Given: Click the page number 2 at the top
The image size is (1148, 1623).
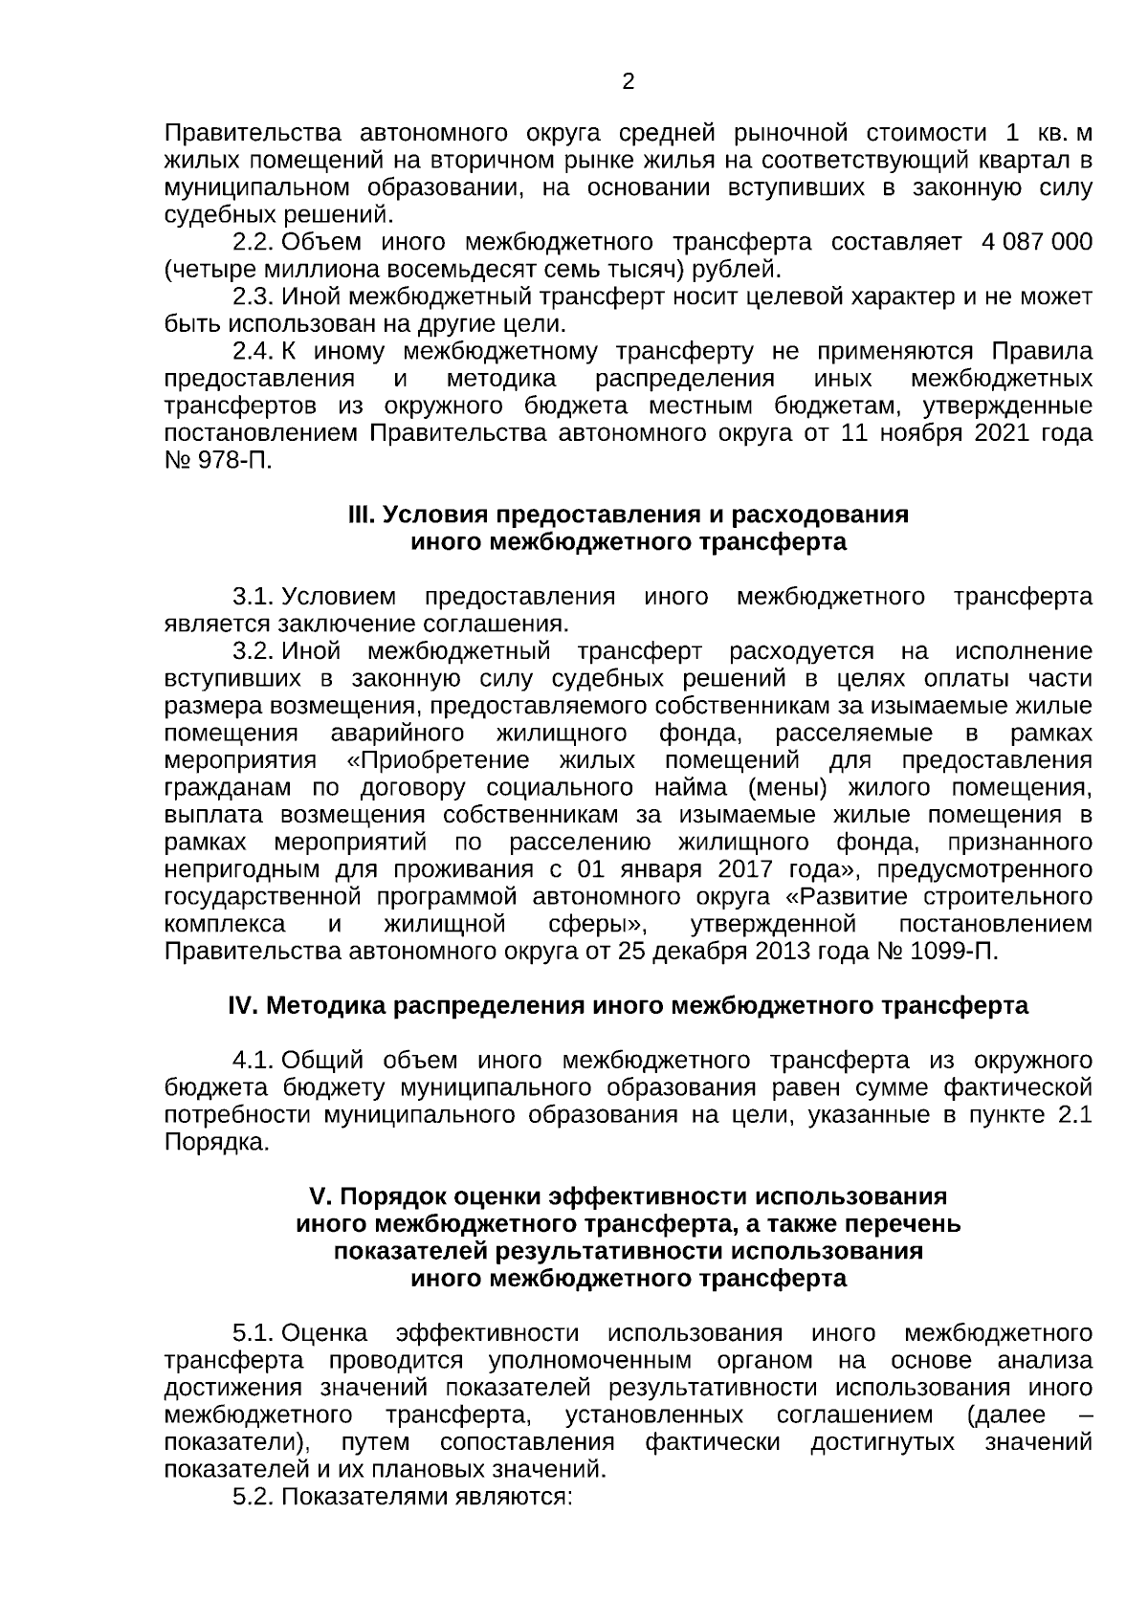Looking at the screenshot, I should pyautogui.click(x=628, y=82).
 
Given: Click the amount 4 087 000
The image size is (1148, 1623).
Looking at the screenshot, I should pyautogui.click(x=1036, y=242).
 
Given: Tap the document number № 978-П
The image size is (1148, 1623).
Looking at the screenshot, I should pyautogui.click(x=218, y=460).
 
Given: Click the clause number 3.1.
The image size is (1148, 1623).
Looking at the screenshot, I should pyautogui.click(x=254, y=598).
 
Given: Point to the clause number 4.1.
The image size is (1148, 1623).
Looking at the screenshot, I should pyautogui.click(x=254, y=1061).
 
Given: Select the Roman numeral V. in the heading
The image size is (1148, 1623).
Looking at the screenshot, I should pyautogui.click(x=320, y=1197).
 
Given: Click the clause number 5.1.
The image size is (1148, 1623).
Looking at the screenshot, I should pyautogui.click(x=254, y=1333).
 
